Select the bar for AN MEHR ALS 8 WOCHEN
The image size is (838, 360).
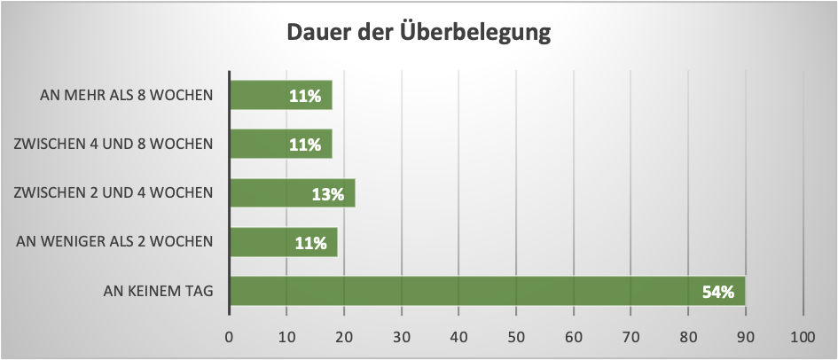(x=280, y=95)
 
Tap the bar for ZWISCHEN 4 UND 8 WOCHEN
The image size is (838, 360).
(x=280, y=144)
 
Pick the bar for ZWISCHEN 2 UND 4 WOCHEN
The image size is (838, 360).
(x=292, y=192)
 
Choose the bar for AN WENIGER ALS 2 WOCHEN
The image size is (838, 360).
(x=283, y=241)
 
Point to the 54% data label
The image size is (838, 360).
(x=718, y=291)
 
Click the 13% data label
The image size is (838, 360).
(x=327, y=193)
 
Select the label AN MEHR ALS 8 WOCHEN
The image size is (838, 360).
(x=127, y=95)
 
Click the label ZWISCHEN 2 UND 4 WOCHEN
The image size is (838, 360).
(x=114, y=192)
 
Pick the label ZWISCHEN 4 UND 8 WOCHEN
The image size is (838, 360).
(x=114, y=144)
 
